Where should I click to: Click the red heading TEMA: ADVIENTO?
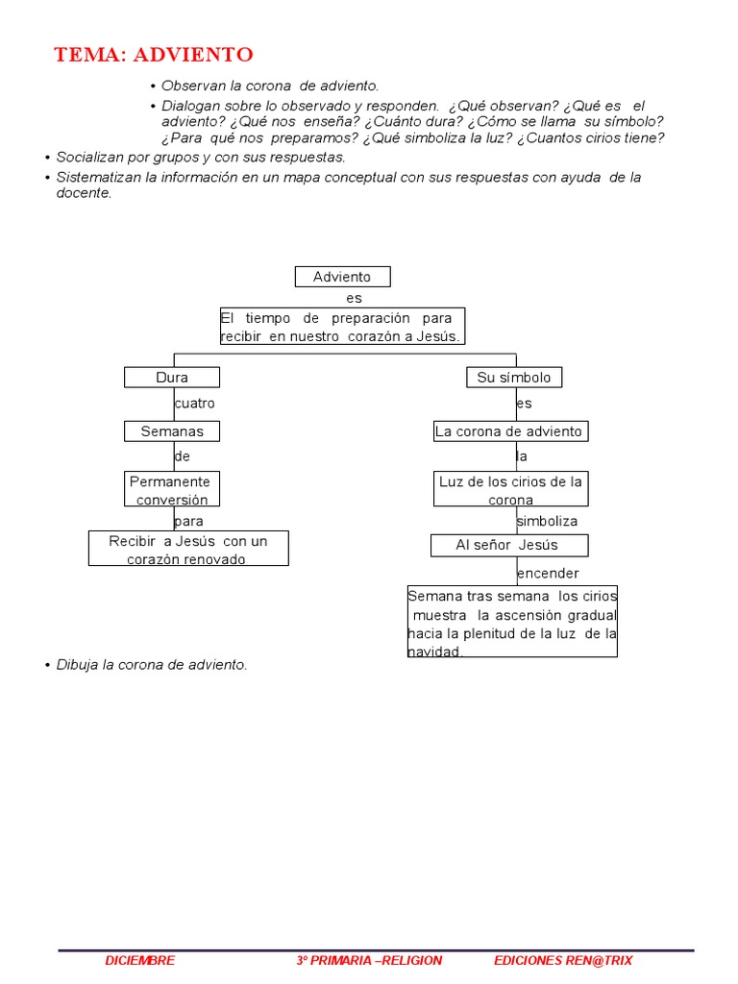point(154,54)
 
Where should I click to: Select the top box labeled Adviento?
point(342,277)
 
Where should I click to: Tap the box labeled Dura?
point(172,378)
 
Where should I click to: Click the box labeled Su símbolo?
point(514,378)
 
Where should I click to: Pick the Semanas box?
point(172,431)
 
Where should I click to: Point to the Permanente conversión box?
point(172,489)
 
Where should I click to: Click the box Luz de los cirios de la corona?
point(510,489)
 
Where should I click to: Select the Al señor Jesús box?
point(508,545)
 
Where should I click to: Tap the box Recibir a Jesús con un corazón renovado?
point(188,549)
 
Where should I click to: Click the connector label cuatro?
point(195,404)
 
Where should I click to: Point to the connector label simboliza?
point(547,521)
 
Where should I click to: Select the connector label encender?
point(548,574)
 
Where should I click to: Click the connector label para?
point(189,521)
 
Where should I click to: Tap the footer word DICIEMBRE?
point(140,960)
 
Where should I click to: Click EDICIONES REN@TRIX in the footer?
point(563,960)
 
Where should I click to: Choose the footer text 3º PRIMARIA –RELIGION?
point(369,960)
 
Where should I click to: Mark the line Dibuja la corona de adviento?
point(152,665)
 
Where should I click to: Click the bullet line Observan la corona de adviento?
point(270,86)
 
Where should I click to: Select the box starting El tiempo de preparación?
point(342,327)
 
